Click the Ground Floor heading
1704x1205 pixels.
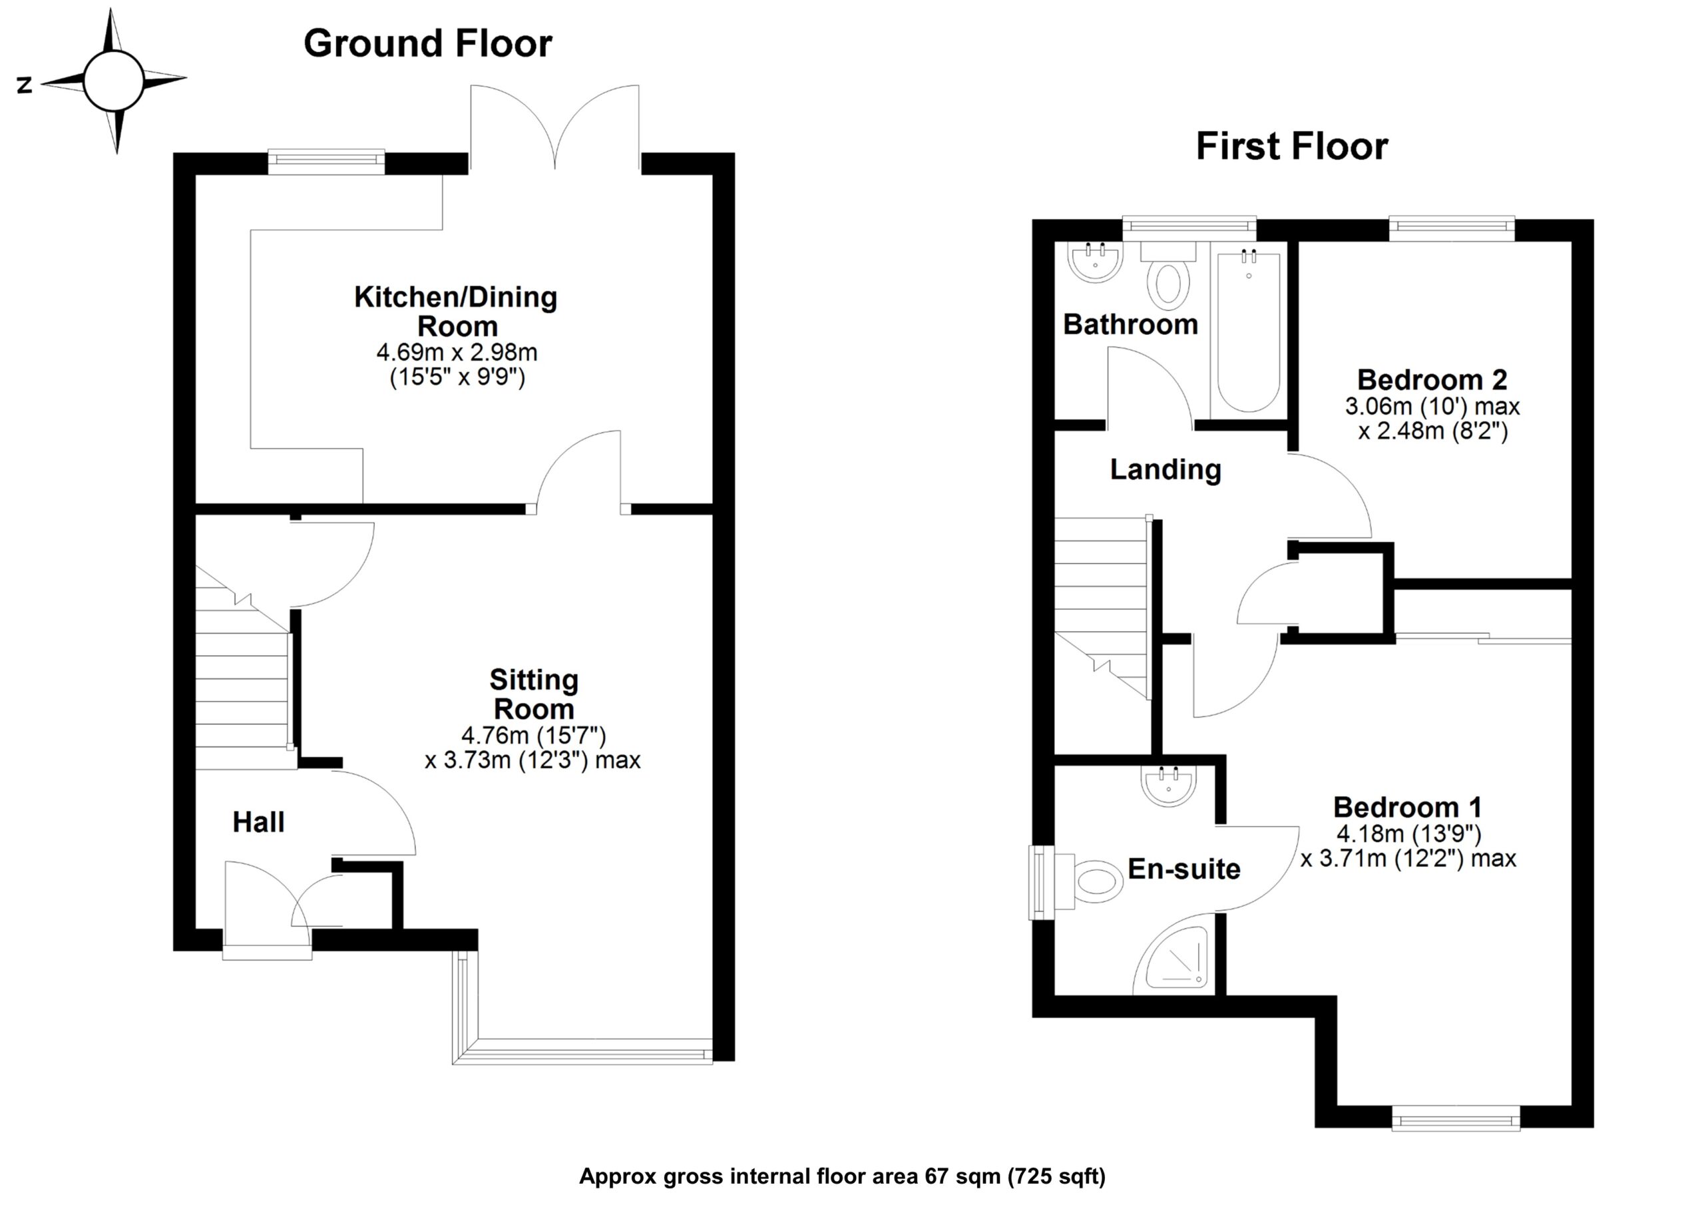(427, 44)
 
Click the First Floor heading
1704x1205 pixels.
(1291, 146)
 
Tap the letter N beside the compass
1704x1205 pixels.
(25, 85)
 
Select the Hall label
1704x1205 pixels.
(258, 822)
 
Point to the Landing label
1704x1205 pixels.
(1166, 469)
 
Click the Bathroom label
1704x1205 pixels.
(1130, 324)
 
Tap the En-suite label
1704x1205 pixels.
(1183, 869)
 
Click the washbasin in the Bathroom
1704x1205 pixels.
(1095, 262)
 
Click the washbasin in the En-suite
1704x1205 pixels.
(1168, 786)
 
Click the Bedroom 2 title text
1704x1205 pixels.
(1432, 380)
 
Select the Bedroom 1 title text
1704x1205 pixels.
(1407, 807)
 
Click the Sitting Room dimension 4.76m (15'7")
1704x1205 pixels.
(534, 736)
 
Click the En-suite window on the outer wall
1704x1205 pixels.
(1041, 882)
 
